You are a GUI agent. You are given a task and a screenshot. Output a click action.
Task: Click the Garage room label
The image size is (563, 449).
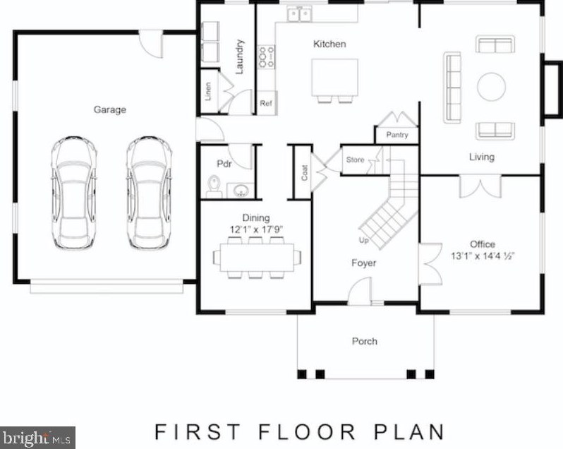110,109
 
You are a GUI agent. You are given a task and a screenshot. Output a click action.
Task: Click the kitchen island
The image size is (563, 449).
334,77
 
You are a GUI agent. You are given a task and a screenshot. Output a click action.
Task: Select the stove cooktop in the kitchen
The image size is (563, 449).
267,57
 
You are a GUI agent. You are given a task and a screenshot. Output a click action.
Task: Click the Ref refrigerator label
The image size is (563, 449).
266,103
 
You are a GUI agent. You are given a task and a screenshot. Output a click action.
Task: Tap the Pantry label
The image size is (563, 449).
397,135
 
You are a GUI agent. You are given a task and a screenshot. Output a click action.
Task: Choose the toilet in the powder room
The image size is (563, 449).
213,186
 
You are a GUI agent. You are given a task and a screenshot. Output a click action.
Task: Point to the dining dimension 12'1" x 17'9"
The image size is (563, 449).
256,230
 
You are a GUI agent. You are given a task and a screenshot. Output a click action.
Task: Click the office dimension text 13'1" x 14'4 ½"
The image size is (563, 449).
483,256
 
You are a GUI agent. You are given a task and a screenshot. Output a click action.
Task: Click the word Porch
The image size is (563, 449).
365,341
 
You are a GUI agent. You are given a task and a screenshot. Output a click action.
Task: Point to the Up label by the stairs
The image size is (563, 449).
364,240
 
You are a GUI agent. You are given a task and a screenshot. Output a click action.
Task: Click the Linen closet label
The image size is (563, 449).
208,92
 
